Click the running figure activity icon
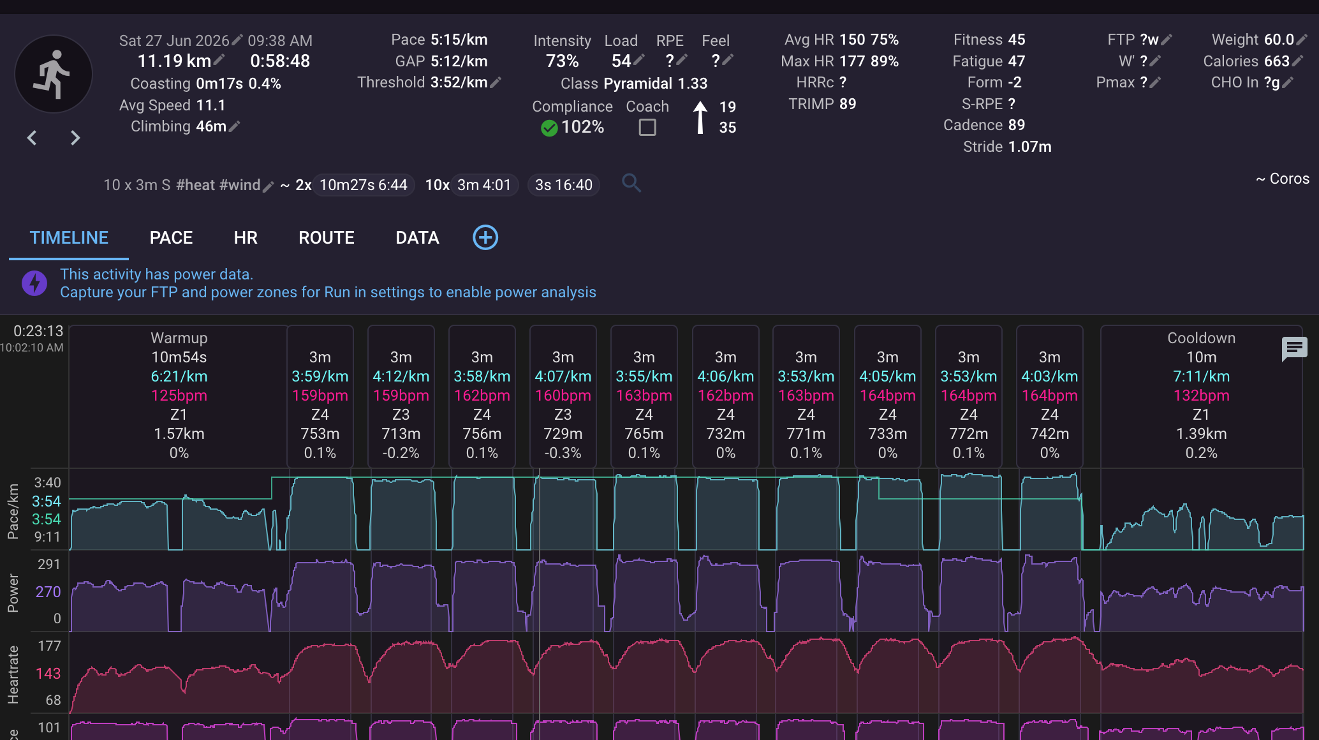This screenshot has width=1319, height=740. [x=54, y=74]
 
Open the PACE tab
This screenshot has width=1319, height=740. [x=171, y=238]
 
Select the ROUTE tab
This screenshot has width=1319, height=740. [x=327, y=238]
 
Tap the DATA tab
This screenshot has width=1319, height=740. [x=417, y=238]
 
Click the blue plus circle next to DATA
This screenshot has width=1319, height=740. [x=485, y=237]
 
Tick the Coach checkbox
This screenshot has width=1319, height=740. [x=647, y=128]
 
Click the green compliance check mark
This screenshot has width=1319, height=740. [x=549, y=128]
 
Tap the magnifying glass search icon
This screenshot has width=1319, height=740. [x=631, y=184]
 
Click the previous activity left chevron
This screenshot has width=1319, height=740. [x=32, y=138]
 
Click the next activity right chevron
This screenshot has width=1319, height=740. [x=75, y=138]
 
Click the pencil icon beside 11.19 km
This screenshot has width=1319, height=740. [x=219, y=60]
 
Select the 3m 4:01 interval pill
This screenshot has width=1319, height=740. [x=484, y=185]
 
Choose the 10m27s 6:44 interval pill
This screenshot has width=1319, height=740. [x=363, y=185]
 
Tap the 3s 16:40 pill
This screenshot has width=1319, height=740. [x=564, y=185]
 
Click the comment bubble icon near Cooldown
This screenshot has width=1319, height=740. [x=1294, y=349]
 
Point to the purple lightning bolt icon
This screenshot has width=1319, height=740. [x=34, y=283]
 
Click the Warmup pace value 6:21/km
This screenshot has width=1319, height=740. [x=179, y=376]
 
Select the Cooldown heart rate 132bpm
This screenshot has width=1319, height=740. [x=1202, y=396]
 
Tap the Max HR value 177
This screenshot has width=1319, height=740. [x=852, y=61]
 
